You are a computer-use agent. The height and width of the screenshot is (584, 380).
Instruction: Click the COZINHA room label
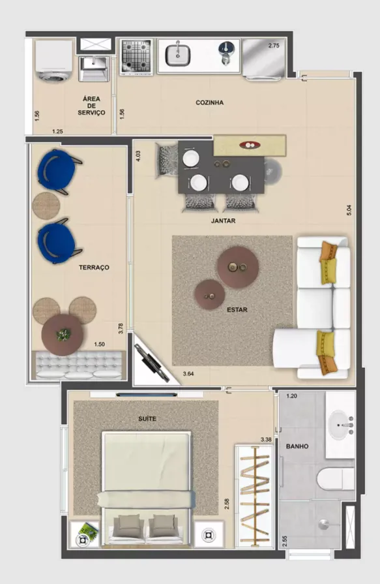click(x=209, y=102)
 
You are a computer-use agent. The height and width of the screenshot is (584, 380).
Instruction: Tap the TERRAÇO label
click(x=94, y=267)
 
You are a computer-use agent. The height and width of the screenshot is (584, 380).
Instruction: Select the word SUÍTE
click(x=147, y=419)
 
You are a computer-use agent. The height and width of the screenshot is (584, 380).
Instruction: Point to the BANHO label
click(x=297, y=446)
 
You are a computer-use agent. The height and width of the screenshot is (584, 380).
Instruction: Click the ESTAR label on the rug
click(x=237, y=309)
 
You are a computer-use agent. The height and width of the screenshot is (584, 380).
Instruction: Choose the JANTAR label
click(x=224, y=221)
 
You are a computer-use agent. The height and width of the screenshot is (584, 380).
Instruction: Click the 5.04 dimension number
click(x=349, y=210)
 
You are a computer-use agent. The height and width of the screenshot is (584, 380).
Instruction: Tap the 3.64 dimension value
click(x=188, y=374)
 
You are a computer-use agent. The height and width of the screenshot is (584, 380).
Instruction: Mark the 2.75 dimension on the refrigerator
click(x=274, y=46)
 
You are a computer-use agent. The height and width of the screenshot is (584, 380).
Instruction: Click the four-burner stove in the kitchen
click(x=137, y=56)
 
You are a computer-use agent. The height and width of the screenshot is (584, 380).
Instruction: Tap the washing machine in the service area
click(x=54, y=61)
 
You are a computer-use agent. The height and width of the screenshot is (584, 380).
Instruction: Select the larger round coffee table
click(x=238, y=267)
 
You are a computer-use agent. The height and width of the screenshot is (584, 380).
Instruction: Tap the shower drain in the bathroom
click(x=324, y=525)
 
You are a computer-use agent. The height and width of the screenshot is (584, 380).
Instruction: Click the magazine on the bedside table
click(x=88, y=530)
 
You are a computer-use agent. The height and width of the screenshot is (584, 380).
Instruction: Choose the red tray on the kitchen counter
click(x=250, y=145)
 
